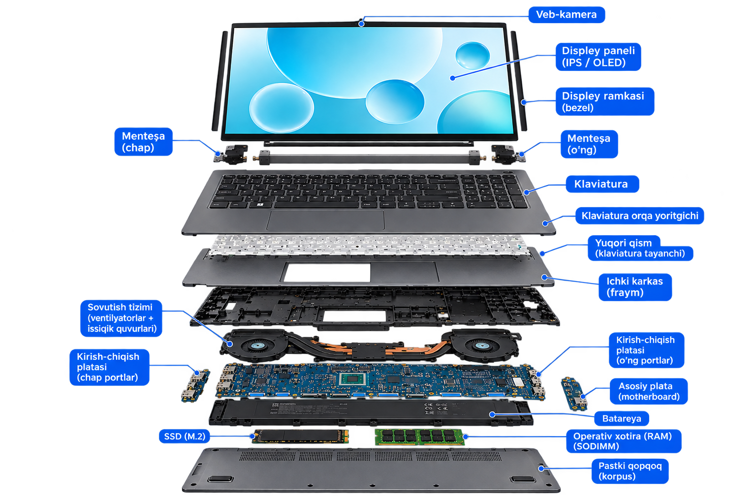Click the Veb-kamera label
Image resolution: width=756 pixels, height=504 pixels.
(567, 15)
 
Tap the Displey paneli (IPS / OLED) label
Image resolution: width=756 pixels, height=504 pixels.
(598, 57)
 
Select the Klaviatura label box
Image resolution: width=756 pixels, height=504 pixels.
(602, 184)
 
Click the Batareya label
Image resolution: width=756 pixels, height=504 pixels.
(621, 418)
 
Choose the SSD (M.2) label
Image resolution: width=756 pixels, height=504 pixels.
(184, 437)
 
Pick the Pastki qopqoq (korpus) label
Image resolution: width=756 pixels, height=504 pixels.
(630, 471)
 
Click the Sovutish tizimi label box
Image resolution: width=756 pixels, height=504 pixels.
(121, 318)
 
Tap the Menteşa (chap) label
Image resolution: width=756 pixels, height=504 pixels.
(143, 142)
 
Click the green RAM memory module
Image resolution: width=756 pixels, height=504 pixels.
(419, 437)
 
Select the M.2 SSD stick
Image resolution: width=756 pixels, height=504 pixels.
(300, 437)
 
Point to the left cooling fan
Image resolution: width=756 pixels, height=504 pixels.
(255, 346)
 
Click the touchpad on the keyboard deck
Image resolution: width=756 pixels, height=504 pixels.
(325, 220)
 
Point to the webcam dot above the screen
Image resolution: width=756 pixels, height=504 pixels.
(361, 24)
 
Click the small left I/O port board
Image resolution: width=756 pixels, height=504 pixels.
(195, 385)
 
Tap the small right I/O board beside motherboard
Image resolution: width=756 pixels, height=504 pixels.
(574, 394)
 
